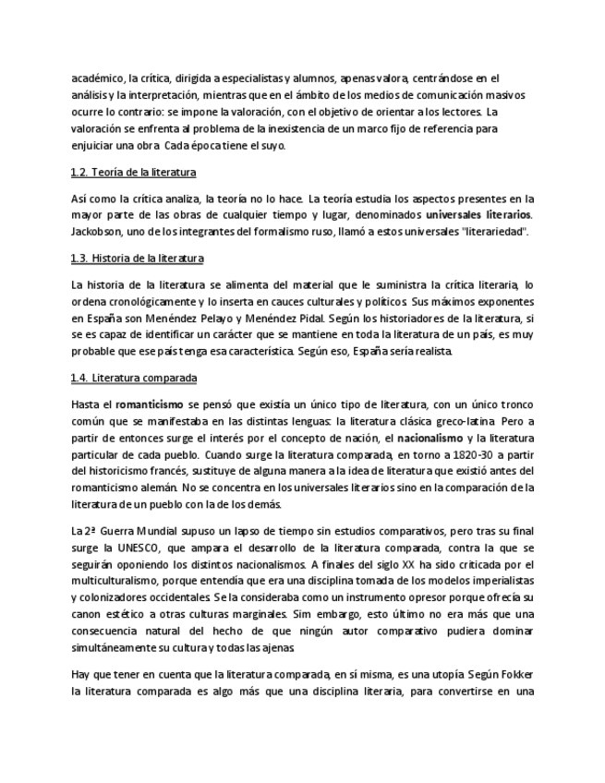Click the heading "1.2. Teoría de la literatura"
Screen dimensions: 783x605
[x=133, y=173]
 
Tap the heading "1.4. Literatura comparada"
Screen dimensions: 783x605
[x=133, y=378]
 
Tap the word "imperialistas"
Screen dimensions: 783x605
[x=502, y=581]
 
